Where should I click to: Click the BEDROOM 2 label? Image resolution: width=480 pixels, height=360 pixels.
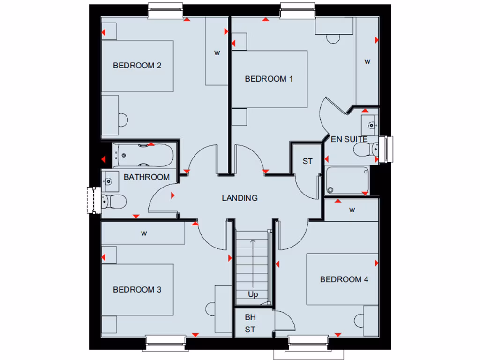[x=137, y=66]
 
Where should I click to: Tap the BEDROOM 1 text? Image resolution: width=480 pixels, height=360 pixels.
[x=269, y=79]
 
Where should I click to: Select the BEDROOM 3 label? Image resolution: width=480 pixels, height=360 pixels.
[x=137, y=290]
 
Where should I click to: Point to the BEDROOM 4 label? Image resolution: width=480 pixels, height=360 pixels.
[x=344, y=279]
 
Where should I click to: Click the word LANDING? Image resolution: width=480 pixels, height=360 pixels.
[x=240, y=198]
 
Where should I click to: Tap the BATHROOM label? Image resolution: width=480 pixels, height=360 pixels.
[x=146, y=177]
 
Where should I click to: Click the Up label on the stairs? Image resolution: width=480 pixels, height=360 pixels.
[x=253, y=295]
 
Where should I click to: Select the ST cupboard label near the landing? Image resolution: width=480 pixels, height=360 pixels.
[x=307, y=162]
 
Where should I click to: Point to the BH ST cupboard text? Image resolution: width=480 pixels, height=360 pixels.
[x=250, y=323]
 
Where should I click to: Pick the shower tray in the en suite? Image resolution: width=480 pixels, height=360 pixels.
[x=347, y=180]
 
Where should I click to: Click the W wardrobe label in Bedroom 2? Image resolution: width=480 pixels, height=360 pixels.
[x=217, y=52]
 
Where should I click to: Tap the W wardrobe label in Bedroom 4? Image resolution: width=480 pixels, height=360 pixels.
[x=352, y=210]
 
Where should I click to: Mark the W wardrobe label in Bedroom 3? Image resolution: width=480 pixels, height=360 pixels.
[x=143, y=233]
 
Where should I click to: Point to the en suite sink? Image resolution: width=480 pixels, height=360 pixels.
[x=370, y=125]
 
